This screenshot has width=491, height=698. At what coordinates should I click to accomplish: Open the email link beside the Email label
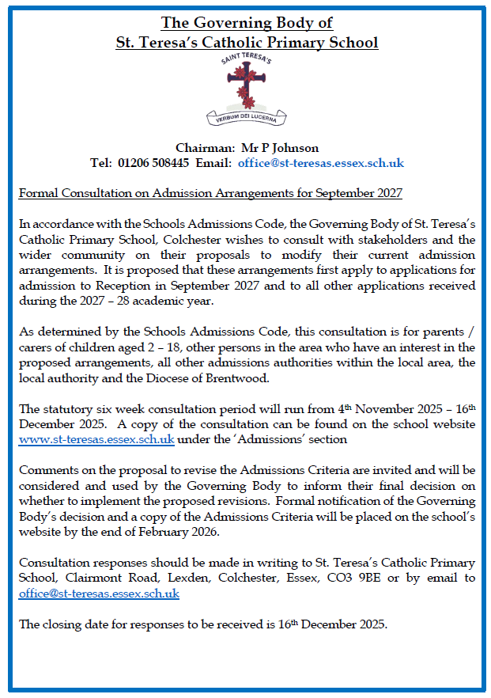(x=321, y=163)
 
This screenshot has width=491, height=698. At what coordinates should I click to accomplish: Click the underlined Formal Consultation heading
(x=210, y=193)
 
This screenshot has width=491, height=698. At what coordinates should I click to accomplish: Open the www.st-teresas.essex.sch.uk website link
(x=96, y=438)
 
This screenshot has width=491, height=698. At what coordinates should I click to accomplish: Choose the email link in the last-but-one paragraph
(x=99, y=594)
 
